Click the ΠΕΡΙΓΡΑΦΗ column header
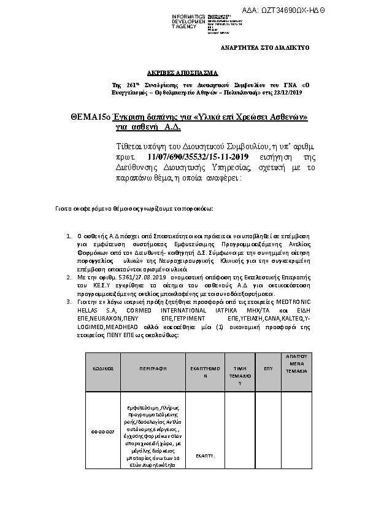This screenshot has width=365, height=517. coord(153,370)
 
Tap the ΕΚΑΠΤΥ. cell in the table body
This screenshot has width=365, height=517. coord(204,456)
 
